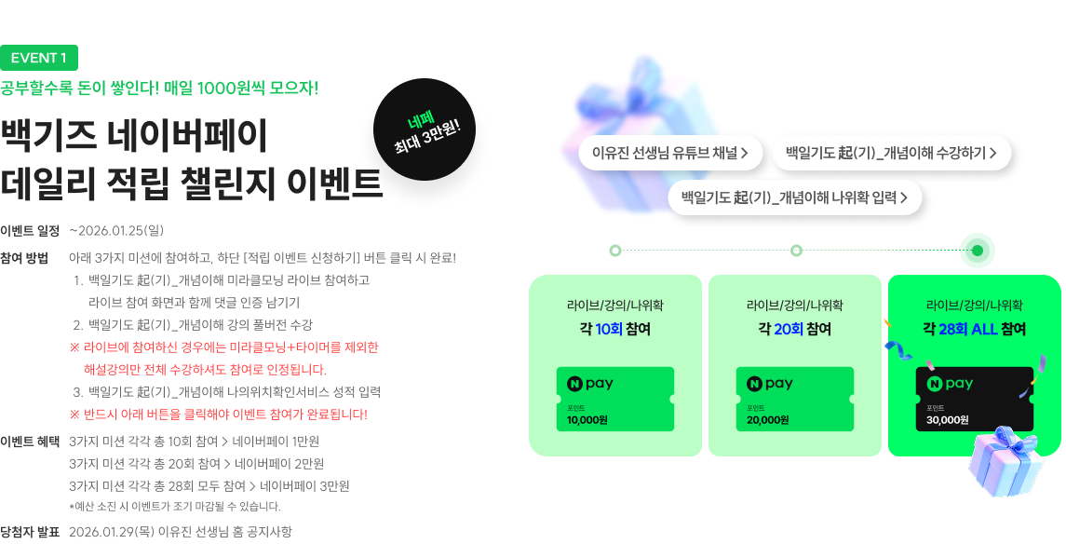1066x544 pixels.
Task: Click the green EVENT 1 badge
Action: pos(39,58)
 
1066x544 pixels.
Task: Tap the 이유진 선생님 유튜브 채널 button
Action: pos(670,153)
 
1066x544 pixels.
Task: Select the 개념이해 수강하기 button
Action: pos(891,153)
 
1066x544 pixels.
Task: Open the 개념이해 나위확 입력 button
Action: pos(794,197)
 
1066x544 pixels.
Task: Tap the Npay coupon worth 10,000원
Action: pos(614,400)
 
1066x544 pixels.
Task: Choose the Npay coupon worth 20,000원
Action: pos(794,400)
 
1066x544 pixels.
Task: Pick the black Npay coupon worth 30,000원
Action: pos(974,400)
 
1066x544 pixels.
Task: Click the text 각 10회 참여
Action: pos(614,329)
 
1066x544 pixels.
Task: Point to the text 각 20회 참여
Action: pos(794,329)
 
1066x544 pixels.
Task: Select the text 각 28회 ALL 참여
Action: pos(974,329)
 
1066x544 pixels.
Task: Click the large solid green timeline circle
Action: pos(977,251)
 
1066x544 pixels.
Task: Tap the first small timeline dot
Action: pos(614,251)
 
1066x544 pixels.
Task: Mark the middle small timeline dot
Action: pos(796,251)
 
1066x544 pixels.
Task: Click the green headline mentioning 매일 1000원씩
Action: pos(159,89)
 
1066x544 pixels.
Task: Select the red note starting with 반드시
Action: pos(219,414)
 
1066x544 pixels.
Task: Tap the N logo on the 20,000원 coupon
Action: pos(754,384)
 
